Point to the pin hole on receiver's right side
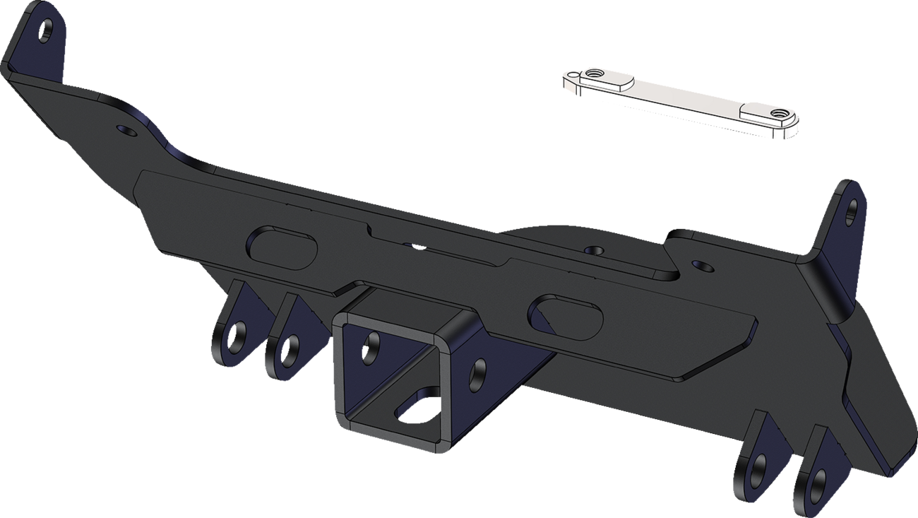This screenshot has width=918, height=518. point(478,370)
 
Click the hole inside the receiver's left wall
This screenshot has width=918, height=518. point(371,348)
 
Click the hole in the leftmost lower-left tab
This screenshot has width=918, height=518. point(239,335)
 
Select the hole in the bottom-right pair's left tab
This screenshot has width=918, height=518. point(757,466)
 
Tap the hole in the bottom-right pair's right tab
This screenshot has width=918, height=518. point(818,483)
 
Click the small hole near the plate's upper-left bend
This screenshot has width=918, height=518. point(126,131)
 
